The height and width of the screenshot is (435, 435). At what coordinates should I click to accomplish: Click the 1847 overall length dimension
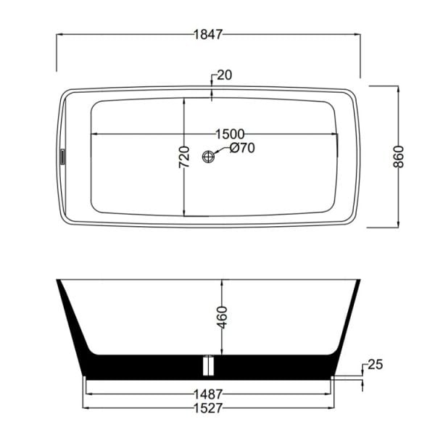click(209, 34)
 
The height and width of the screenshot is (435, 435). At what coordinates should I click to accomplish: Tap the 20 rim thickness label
click(223, 75)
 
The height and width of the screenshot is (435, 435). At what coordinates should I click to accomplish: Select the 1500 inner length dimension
click(230, 134)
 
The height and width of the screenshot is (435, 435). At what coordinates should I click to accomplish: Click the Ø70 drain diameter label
click(241, 150)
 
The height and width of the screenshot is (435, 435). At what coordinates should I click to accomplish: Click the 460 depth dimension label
click(223, 317)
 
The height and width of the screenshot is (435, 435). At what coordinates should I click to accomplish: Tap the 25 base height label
click(375, 363)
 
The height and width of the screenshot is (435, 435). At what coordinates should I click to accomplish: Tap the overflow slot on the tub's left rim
click(62, 157)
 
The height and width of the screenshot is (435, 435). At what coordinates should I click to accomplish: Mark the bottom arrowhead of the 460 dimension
click(223, 352)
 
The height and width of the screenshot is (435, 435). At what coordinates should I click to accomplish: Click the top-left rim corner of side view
click(57, 279)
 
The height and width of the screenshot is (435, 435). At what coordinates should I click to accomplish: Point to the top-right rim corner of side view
click(360, 279)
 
